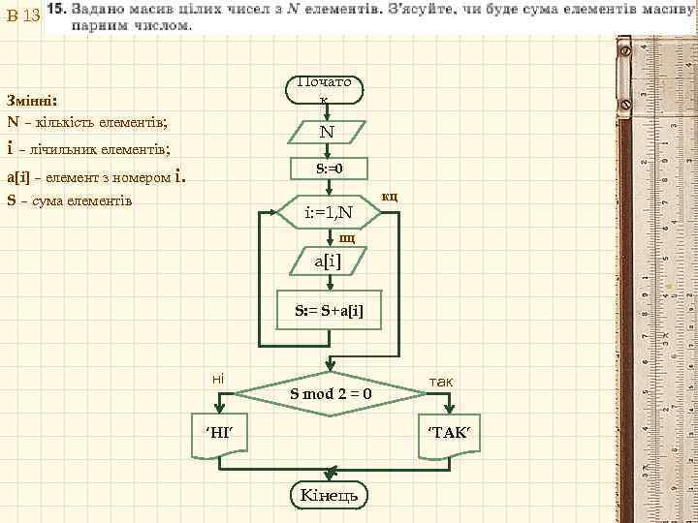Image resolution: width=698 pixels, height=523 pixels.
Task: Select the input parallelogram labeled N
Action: coord(328,132)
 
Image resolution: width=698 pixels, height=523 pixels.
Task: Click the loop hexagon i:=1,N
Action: coord(329,210)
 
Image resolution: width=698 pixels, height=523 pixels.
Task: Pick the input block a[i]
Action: coord(328,261)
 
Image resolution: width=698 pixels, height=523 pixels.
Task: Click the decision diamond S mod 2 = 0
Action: coord(330,393)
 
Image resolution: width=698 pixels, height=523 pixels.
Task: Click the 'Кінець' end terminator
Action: coord(329,495)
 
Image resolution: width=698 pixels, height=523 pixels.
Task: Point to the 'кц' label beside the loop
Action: coord(390,197)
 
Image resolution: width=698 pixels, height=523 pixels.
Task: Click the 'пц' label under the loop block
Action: coord(346,236)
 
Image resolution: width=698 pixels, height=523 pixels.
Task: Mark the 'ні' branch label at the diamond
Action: coord(218,375)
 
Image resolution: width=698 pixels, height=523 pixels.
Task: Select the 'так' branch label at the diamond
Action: coord(440,382)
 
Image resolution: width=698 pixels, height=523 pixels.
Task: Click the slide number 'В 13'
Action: coord(22,16)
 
